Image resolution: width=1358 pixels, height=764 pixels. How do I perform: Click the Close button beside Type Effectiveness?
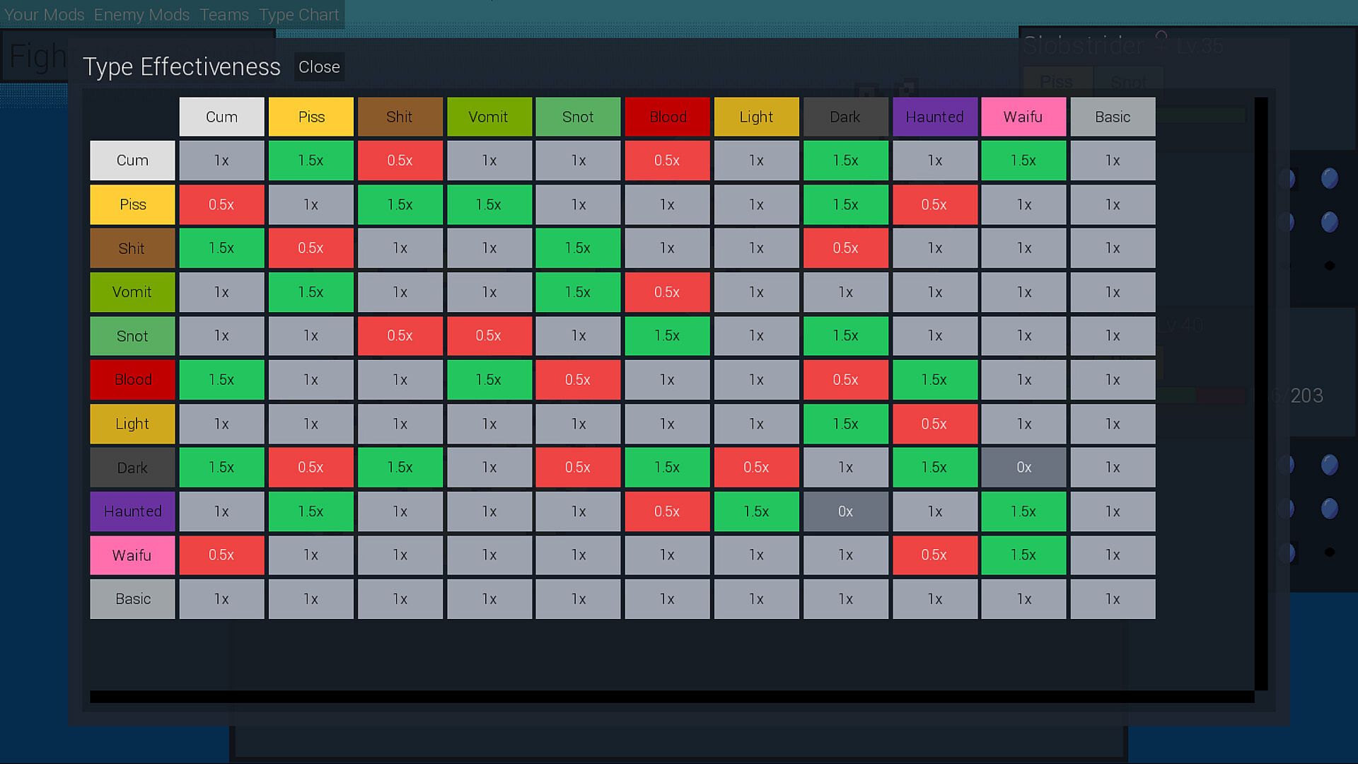point(319,67)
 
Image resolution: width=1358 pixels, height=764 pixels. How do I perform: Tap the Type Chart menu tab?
point(298,15)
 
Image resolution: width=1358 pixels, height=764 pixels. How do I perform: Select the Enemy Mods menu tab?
point(141,15)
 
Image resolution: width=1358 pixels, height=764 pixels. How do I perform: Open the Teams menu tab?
point(224,15)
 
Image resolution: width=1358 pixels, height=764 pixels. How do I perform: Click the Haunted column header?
point(934,117)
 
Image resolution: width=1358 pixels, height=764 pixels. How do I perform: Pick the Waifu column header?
point(1023,117)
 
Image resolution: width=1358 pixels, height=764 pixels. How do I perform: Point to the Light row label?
point(132,424)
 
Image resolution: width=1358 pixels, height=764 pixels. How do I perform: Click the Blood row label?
point(132,380)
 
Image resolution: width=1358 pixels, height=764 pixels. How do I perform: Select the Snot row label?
point(132,336)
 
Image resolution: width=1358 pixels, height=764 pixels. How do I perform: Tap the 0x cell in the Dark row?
point(1023,468)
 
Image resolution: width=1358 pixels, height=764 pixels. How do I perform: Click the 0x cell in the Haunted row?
point(845,511)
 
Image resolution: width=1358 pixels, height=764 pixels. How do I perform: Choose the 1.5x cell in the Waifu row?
point(1023,555)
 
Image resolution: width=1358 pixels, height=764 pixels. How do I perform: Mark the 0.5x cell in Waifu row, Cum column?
point(221,555)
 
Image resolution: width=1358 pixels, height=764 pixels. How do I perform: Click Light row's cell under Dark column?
point(845,424)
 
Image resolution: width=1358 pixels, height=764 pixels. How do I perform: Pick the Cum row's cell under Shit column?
point(400,161)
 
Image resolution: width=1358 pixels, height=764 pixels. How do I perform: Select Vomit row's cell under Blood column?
point(667,292)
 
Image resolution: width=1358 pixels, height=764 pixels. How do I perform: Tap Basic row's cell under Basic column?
point(1113,599)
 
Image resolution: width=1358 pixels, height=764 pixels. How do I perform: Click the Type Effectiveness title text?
point(182,67)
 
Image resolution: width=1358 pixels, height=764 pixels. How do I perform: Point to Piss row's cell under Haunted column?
point(934,204)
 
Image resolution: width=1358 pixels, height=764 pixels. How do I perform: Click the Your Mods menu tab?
point(45,15)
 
